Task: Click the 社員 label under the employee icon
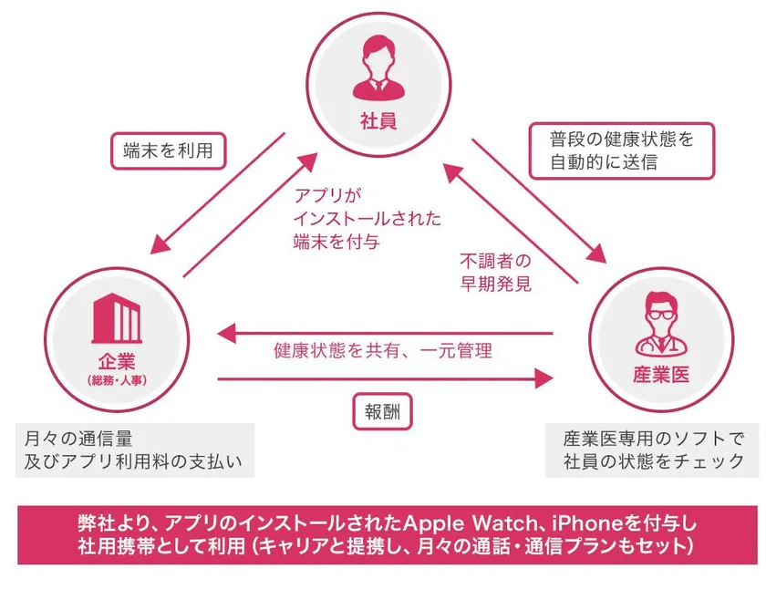378,120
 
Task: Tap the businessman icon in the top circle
378,67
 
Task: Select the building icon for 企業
117,318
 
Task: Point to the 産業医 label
661,375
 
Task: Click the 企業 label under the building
117,362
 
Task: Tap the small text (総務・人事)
117,380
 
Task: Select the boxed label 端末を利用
168,151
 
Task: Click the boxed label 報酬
382,412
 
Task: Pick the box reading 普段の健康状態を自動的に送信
622,151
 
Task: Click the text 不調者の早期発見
495,273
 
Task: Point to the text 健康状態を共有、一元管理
382,351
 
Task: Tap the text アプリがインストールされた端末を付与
367,219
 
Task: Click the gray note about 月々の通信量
135,450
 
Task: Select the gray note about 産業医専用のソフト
653,450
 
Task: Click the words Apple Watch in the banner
470,523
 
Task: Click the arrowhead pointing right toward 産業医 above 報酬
543,378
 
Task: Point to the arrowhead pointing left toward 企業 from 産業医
227,334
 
